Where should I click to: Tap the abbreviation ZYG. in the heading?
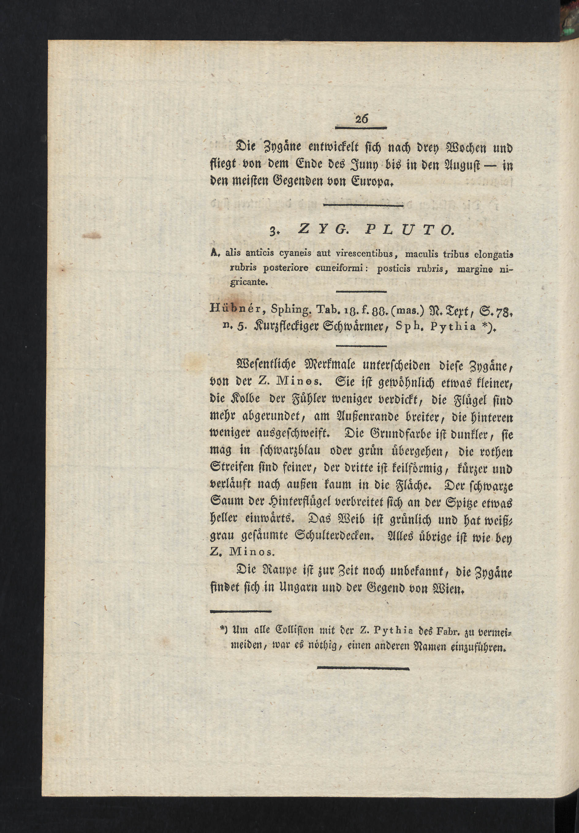[319, 230]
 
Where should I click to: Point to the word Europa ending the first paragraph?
[375, 180]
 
